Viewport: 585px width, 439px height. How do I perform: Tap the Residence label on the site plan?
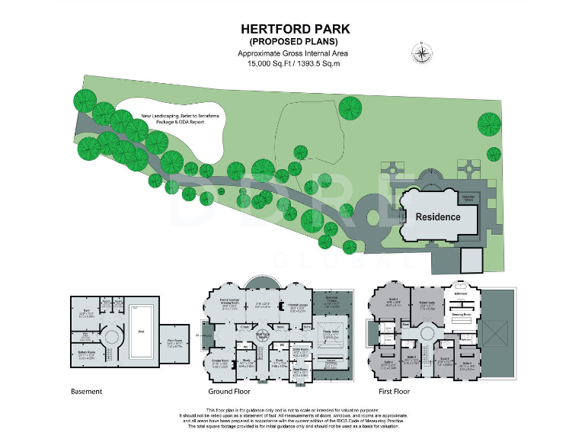click(x=437, y=217)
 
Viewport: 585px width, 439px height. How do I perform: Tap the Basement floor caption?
click(x=86, y=392)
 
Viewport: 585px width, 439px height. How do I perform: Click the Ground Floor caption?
click(x=230, y=392)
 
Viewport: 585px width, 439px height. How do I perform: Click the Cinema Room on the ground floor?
click(x=221, y=362)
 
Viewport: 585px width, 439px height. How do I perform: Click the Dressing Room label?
click(x=460, y=314)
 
